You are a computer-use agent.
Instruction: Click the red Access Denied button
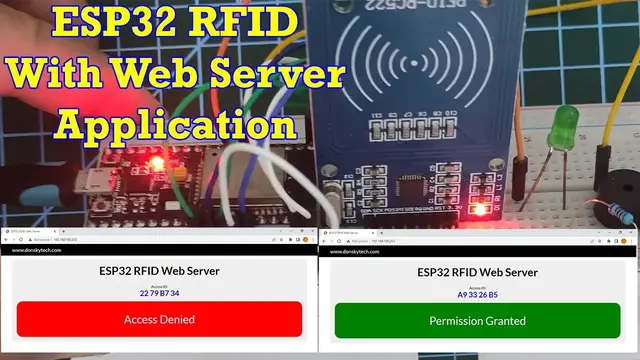coord(158,320)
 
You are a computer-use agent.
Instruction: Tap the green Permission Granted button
coord(478,320)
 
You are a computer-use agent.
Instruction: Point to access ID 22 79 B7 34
coord(158,293)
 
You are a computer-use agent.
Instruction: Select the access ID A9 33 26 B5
coord(478,294)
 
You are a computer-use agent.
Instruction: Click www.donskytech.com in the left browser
coord(36,250)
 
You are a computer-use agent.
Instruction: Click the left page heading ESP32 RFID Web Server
coord(158,270)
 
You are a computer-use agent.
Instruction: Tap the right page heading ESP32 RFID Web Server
coord(478,270)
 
